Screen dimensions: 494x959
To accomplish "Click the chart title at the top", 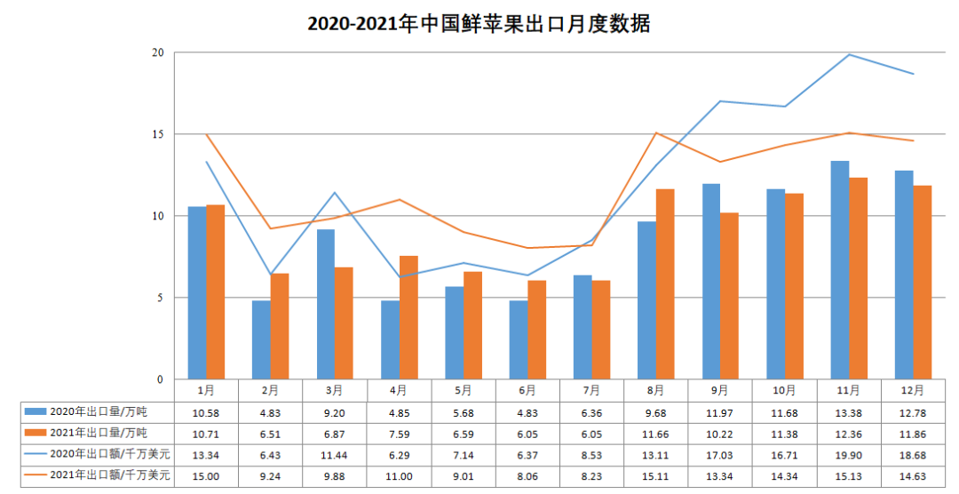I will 479,24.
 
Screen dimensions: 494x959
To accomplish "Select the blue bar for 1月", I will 197,293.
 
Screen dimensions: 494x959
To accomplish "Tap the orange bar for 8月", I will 665,284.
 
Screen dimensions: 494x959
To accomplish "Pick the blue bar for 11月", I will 839,270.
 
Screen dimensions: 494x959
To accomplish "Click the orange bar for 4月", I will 408,317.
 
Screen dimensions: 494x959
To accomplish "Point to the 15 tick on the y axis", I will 158,134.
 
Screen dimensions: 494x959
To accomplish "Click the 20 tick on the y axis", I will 158,52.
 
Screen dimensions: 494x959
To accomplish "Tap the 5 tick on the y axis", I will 161,298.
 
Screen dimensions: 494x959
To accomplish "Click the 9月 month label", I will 720,389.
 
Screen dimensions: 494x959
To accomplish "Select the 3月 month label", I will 334,389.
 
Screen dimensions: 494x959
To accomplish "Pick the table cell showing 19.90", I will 849,454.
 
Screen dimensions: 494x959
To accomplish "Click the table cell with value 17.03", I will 720,454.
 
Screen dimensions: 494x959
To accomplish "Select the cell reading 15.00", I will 205,475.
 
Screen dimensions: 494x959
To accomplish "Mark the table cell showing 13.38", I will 849,411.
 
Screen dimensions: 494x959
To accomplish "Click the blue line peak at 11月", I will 849,54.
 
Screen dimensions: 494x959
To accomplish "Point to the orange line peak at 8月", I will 655,132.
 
